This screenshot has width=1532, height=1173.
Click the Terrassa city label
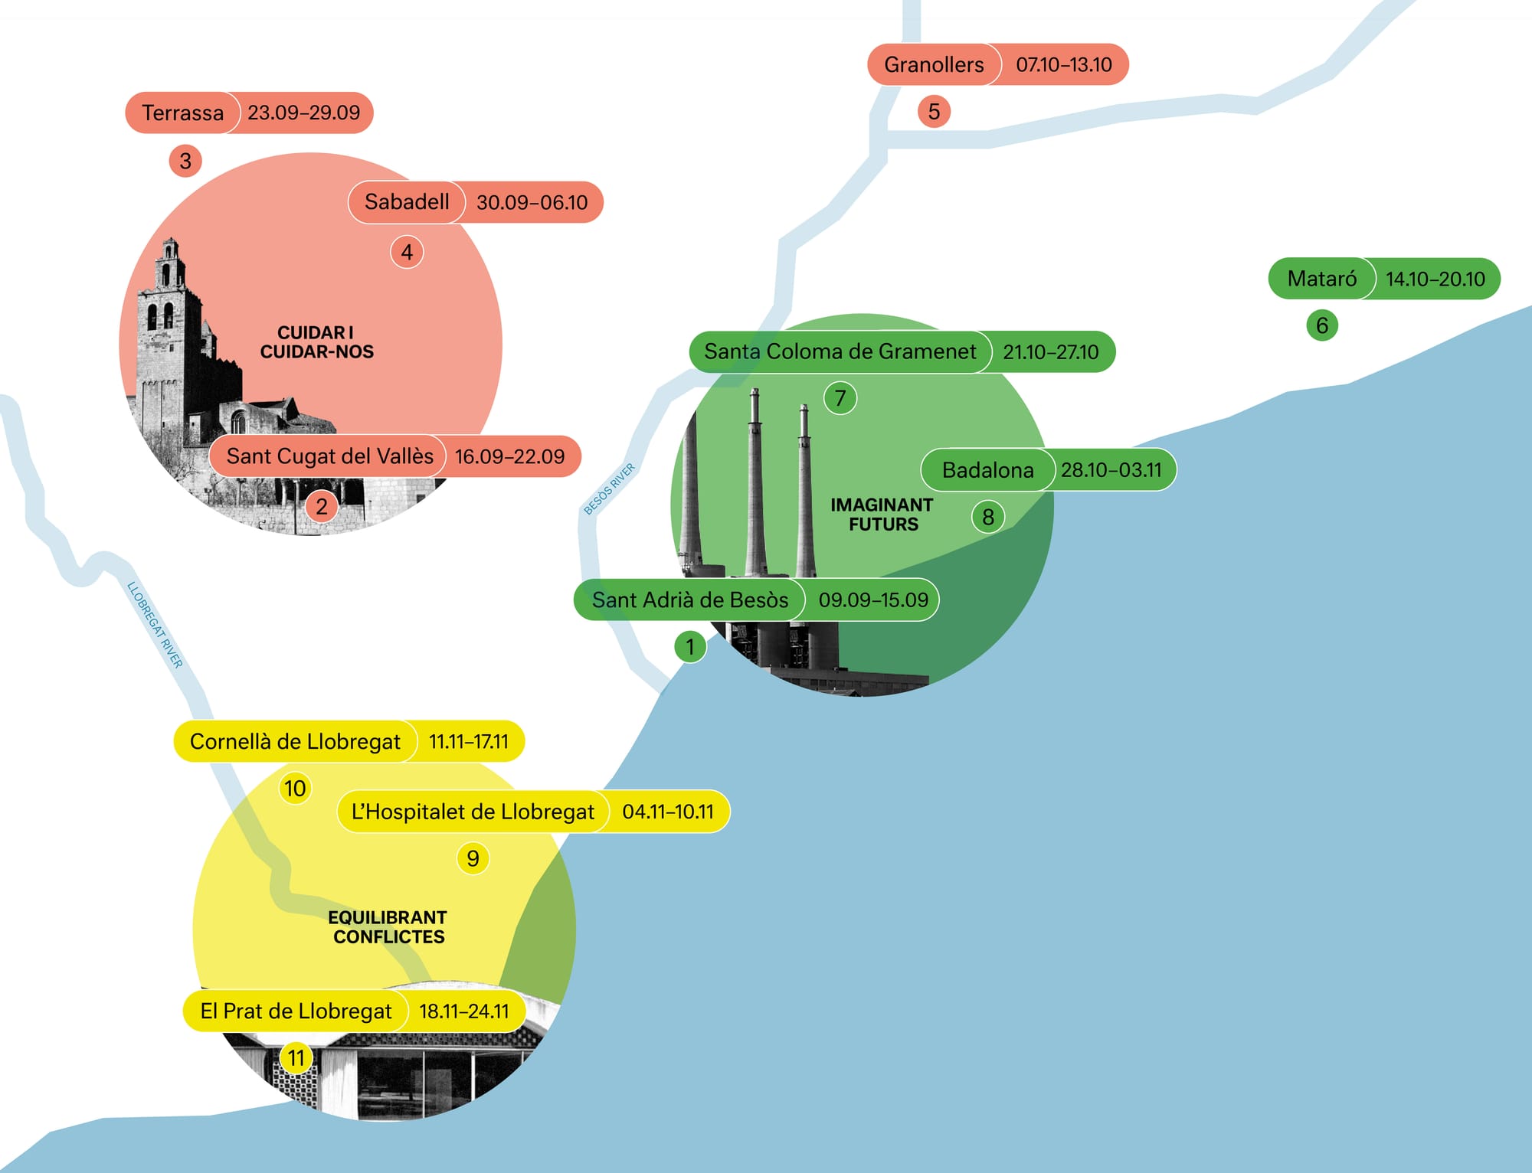click(183, 113)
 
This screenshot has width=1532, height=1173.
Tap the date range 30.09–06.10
click(532, 202)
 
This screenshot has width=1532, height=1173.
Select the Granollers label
click(935, 64)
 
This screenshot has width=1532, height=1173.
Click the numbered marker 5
click(934, 111)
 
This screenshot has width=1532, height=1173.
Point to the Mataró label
click(1321, 279)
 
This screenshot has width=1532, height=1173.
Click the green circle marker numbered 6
click(1322, 325)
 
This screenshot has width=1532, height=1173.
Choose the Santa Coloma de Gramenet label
click(840, 351)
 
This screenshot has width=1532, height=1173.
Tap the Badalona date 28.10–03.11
click(1111, 469)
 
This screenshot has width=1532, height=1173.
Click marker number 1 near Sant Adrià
click(690, 647)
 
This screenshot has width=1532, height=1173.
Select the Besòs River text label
click(610, 488)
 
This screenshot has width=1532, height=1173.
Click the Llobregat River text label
click(155, 625)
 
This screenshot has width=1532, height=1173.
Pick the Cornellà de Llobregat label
click(296, 741)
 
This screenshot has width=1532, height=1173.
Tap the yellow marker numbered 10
click(295, 789)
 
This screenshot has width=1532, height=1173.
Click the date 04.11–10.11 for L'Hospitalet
click(668, 812)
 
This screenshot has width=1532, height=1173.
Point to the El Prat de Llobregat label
click(296, 1011)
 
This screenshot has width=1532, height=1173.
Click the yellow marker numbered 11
click(296, 1058)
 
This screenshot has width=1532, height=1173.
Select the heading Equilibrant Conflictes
click(388, 926)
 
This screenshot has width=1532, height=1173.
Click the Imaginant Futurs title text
click(882, 515)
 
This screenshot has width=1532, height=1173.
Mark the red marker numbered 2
click(322, 506)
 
